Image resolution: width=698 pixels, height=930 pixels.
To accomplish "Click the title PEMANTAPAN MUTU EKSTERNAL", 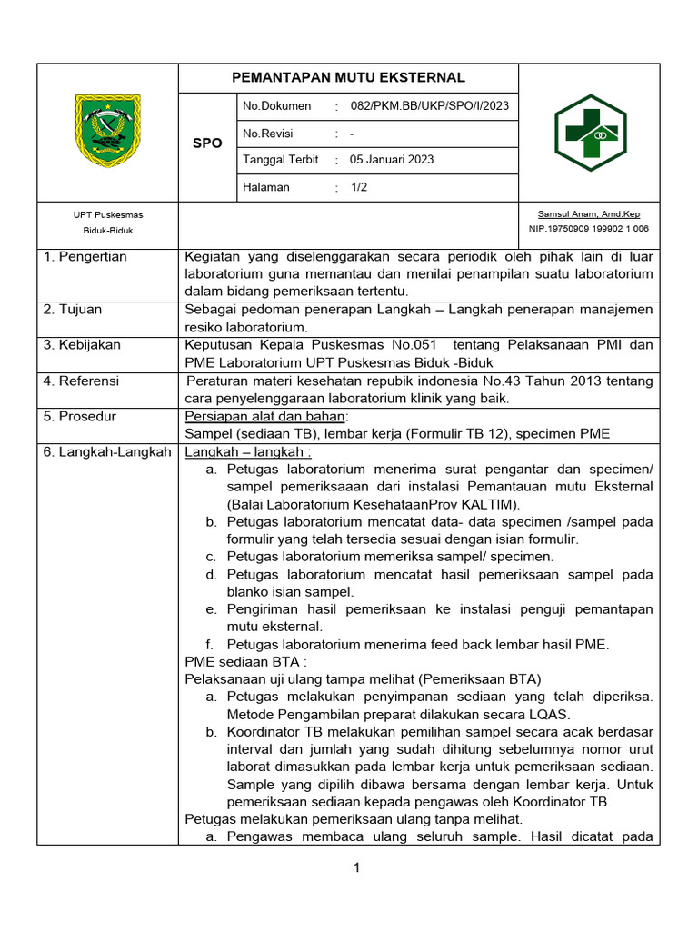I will tap(348, 77).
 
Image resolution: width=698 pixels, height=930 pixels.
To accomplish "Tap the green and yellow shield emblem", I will tap(107, 131).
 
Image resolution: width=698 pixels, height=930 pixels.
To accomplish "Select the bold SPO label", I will tap(207, 143).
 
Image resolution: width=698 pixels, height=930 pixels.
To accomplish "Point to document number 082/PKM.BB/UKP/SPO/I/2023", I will tap(430, 106).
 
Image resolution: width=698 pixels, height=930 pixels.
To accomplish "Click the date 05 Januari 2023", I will tap(392, 160).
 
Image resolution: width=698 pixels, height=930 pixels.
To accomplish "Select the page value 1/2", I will tap(359, 187).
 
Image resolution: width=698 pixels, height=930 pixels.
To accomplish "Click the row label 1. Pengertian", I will tap(85, 257).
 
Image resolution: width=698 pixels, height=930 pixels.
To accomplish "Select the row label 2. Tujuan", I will tap(73, 310).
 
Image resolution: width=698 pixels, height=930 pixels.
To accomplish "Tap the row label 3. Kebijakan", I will tap(82, 345).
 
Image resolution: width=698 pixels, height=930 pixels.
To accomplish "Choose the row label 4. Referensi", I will tap(81, 381).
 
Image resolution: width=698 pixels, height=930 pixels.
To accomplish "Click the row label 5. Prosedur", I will tap(80, 416).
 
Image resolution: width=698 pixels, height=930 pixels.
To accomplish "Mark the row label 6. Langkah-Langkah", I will tap(107, 451).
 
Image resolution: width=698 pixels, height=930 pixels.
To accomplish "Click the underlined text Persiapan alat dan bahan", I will tap(265, 416).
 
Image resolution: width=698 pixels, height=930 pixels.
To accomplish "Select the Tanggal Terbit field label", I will tap(281, 160).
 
